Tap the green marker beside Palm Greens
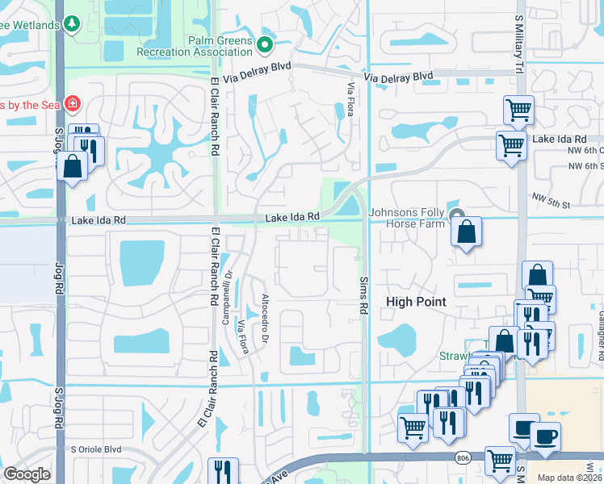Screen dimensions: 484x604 click(265, 42)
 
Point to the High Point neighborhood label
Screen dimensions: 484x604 click(416, 302)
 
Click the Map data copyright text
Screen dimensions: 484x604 click(570, 478)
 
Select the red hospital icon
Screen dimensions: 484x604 click(72, 103)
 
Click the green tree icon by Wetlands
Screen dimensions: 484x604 click(73, 24)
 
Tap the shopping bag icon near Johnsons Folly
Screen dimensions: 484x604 click(467, 232)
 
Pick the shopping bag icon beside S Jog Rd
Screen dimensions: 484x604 click(73, 166)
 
